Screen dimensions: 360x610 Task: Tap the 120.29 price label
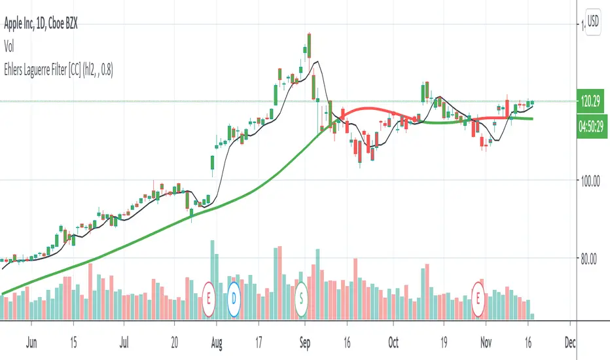(x=587, y=101)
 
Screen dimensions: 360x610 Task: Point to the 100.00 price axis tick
(x=587, y=180)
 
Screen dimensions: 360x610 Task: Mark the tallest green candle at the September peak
(x=307, y=47)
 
